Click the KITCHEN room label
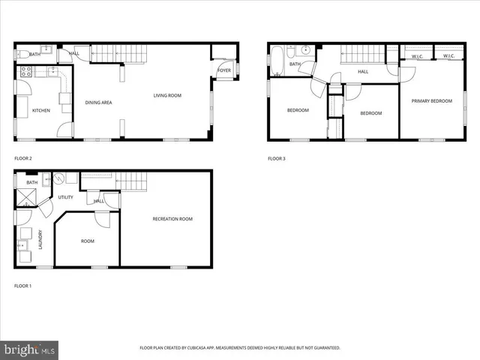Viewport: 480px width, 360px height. coord(41,111)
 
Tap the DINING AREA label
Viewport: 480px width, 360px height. coord(98,102)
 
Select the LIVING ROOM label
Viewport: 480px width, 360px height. coord(167,95)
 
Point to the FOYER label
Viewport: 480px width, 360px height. coord(223,70)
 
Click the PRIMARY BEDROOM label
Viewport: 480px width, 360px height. coord(431,100)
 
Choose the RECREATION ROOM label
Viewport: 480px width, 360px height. coord(172,219)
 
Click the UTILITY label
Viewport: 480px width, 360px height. coord(65,197)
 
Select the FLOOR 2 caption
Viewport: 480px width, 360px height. coord(23,158)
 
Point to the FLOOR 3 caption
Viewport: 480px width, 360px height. coord(277,158)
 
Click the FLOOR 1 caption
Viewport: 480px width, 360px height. coord(23,286)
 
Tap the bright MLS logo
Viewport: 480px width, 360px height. coord(30,349)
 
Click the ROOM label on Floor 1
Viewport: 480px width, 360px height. coord(88,241)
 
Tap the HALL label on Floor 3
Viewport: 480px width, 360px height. coord(363,72)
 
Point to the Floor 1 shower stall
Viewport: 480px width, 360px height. coord(28,197)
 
